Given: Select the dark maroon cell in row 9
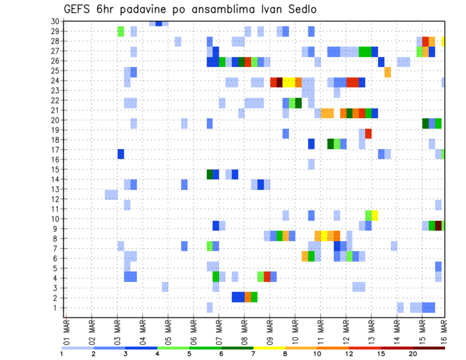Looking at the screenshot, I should pos(438,226).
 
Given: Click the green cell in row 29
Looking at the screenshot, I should pos(121,32).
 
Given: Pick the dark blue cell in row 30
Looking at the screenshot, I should pos(159,23).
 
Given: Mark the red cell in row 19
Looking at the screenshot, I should pos(368,133).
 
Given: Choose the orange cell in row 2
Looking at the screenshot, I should pos(248,297).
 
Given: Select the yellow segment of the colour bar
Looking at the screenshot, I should pos(269,348).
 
